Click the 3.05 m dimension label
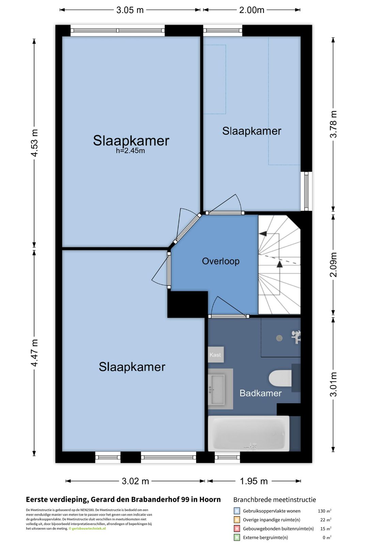point(130,10)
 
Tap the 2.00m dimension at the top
point(252,10)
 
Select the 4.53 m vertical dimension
point(34,143)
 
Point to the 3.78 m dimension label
point(333,124)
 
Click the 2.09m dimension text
point(333,265)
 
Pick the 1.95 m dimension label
point(254,481)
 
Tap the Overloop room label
point(220,261)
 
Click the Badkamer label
point(261,393)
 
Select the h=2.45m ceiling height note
point(131,151)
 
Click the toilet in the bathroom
point(280,378)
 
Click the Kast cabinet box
point(216,355)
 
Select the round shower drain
point(279,338)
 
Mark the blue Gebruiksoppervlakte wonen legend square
point(237,511)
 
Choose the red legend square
point(237,528)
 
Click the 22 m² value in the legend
point(326,520)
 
